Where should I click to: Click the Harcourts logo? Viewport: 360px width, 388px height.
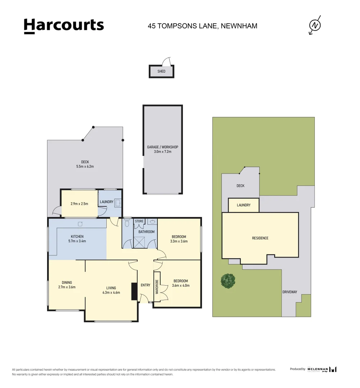click(x=64, y=26)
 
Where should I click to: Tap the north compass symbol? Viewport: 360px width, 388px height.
click(x=315, y=25)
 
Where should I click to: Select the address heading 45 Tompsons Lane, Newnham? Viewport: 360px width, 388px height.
click(x=202, y=26)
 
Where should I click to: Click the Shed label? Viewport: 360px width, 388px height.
click(x=161, y=71)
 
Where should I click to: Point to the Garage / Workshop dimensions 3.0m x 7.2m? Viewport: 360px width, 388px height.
click(x=162, y=152)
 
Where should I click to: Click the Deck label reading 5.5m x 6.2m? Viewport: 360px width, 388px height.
click(x=85, y=166)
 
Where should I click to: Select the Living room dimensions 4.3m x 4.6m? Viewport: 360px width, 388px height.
click(x=111, y=292)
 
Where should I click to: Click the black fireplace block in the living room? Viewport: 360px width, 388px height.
click(x=134, y=291)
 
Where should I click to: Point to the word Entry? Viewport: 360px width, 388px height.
click(x=146, y=285)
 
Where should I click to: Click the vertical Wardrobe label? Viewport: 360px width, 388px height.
click(x=157, y=287)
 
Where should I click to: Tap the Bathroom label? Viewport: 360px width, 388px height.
click(x=147, y=232)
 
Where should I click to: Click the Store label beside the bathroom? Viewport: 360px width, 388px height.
click(x=139, y=221)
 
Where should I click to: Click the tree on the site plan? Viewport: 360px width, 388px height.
click(x=228, y=281)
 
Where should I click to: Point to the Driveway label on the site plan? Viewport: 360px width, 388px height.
click(x=290, y=292)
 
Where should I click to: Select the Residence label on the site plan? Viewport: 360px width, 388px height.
click(x=260, y=238)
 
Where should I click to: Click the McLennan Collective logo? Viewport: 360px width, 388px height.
click(x=322, y=369)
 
